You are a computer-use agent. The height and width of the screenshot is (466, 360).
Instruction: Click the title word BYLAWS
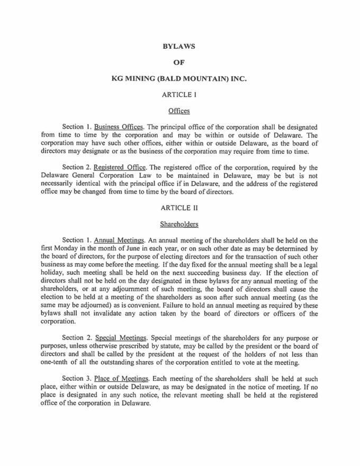click(x=180, y=47)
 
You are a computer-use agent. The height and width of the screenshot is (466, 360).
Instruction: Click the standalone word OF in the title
click(x=180, y=64)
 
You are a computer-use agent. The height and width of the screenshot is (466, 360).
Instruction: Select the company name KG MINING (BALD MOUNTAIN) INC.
click(x=180, y=80)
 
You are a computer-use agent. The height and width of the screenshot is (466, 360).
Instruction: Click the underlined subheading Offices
click(x=180, y=112)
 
